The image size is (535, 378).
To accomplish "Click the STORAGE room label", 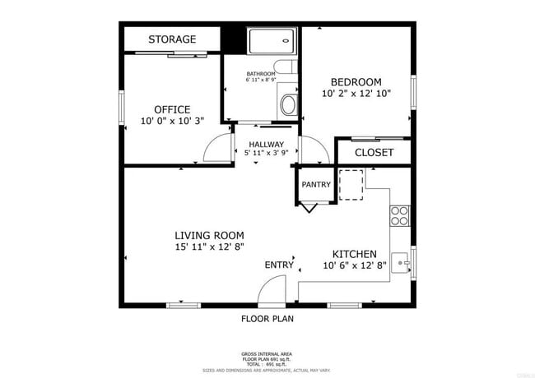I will tap(172, 39).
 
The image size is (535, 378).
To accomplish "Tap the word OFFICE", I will tap(172, 109).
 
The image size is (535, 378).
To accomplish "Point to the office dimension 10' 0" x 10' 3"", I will tap(172, 121).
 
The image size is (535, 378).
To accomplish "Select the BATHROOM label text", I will tap(260, 74).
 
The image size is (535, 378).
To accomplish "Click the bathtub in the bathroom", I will tap(271, 42).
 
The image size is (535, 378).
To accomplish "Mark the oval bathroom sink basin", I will tap(287, 104).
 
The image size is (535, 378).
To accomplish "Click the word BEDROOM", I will tap(356, 82).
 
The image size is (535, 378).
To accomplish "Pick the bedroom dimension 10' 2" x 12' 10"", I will tap(356, 94).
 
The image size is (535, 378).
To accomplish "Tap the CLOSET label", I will tap(374, 153).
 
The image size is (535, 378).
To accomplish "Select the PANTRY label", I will tap(315, 185).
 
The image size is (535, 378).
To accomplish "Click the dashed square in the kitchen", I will tap(351, 184).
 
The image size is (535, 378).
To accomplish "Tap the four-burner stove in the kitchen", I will tap(399, 215).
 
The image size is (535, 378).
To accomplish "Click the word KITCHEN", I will tap(354, 254).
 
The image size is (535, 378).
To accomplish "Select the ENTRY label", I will tap(279, 265).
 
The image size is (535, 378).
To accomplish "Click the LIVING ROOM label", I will tap(209, 235).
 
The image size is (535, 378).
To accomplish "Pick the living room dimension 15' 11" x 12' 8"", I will tap(209, 247).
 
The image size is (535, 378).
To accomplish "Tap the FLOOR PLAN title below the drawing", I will tap(267, 318).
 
